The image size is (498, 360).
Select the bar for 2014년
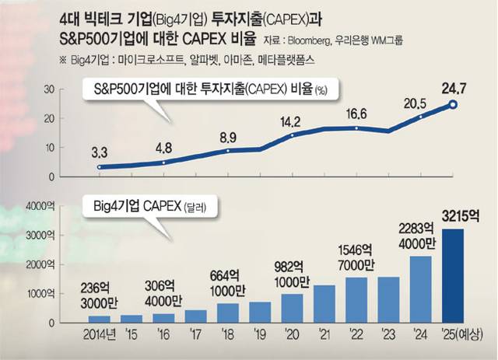point(99,319)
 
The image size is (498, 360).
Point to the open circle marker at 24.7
point(453,105)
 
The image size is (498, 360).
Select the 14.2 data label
point(292,121)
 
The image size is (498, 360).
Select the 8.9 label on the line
point(228,137)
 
